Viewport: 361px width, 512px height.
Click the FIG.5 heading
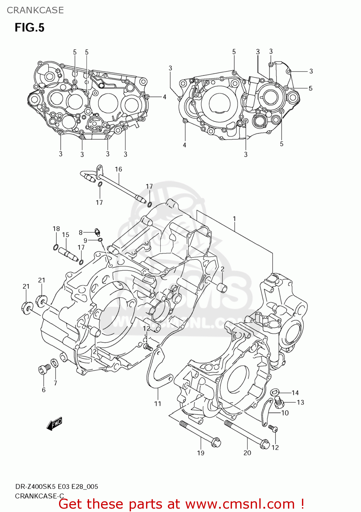click(29, 28)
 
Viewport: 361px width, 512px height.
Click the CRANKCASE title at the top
click(35, 10)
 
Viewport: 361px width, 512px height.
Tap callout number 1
click(234, 218)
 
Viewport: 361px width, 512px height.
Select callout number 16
click(118, 169)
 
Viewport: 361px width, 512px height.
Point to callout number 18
click(56, 229)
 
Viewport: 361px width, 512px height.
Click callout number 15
click(66, 235)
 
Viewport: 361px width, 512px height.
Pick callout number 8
click(81, 232)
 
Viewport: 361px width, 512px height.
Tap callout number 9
click(85, 241)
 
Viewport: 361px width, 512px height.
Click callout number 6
click(44, 390)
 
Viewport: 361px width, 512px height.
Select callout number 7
click(55, 383)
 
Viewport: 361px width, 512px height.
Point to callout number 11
click(157, 404)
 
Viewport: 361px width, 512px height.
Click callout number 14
click(295, 393)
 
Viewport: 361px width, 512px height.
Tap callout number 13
click(300, 402)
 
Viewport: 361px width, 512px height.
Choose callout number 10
click(285, 413)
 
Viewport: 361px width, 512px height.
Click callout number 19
click(201, 453)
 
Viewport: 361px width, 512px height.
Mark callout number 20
click(247, 453)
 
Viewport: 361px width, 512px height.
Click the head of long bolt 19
click(216, 443)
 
